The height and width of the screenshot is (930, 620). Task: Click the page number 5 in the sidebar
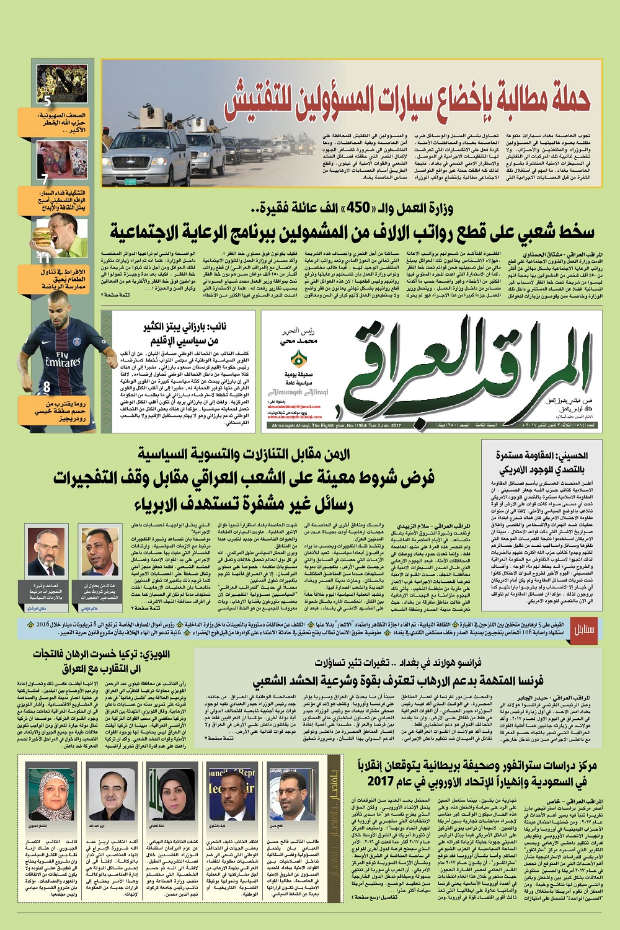pyautogui.click(x=47, y=102)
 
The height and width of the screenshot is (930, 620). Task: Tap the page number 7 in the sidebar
pyautogui.click(x=44, y=180)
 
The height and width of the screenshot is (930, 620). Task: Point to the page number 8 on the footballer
pyautogui.click(x=46, y=387)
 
